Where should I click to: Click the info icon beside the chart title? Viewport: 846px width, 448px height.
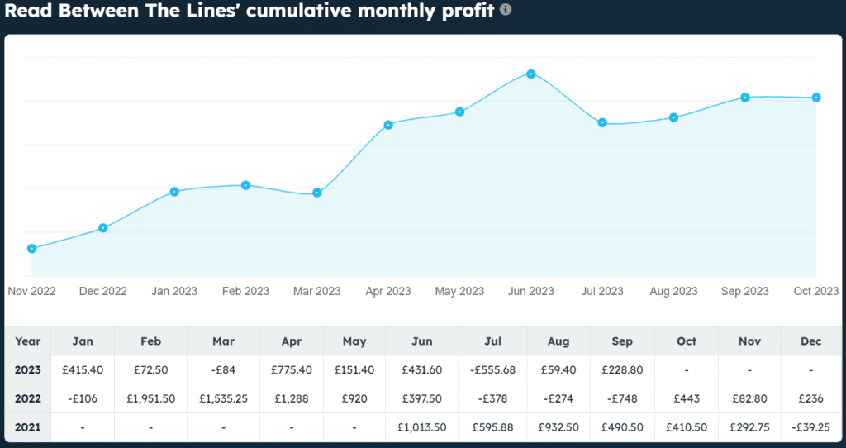(506, 10)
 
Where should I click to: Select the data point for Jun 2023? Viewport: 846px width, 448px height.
(531, 74)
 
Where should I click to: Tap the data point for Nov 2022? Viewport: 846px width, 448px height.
(31, 248)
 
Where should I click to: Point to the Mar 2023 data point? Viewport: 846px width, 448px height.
(317, 193)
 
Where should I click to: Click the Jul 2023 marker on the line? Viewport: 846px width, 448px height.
(602, 122)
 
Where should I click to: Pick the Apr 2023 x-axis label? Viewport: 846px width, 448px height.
(387, 291)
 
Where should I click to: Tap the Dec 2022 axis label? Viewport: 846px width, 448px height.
(103, 291)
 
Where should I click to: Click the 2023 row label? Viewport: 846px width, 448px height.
(27, 370)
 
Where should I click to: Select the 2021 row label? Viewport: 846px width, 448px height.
(27, 427)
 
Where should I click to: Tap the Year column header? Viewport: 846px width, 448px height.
(27, 341)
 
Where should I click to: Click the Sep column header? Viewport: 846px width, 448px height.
(622, 341)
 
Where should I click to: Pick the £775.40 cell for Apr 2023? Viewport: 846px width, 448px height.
(291, 370)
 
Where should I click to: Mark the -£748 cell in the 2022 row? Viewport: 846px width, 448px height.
(622, 398)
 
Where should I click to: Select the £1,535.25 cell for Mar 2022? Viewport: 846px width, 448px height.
(223, 398)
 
